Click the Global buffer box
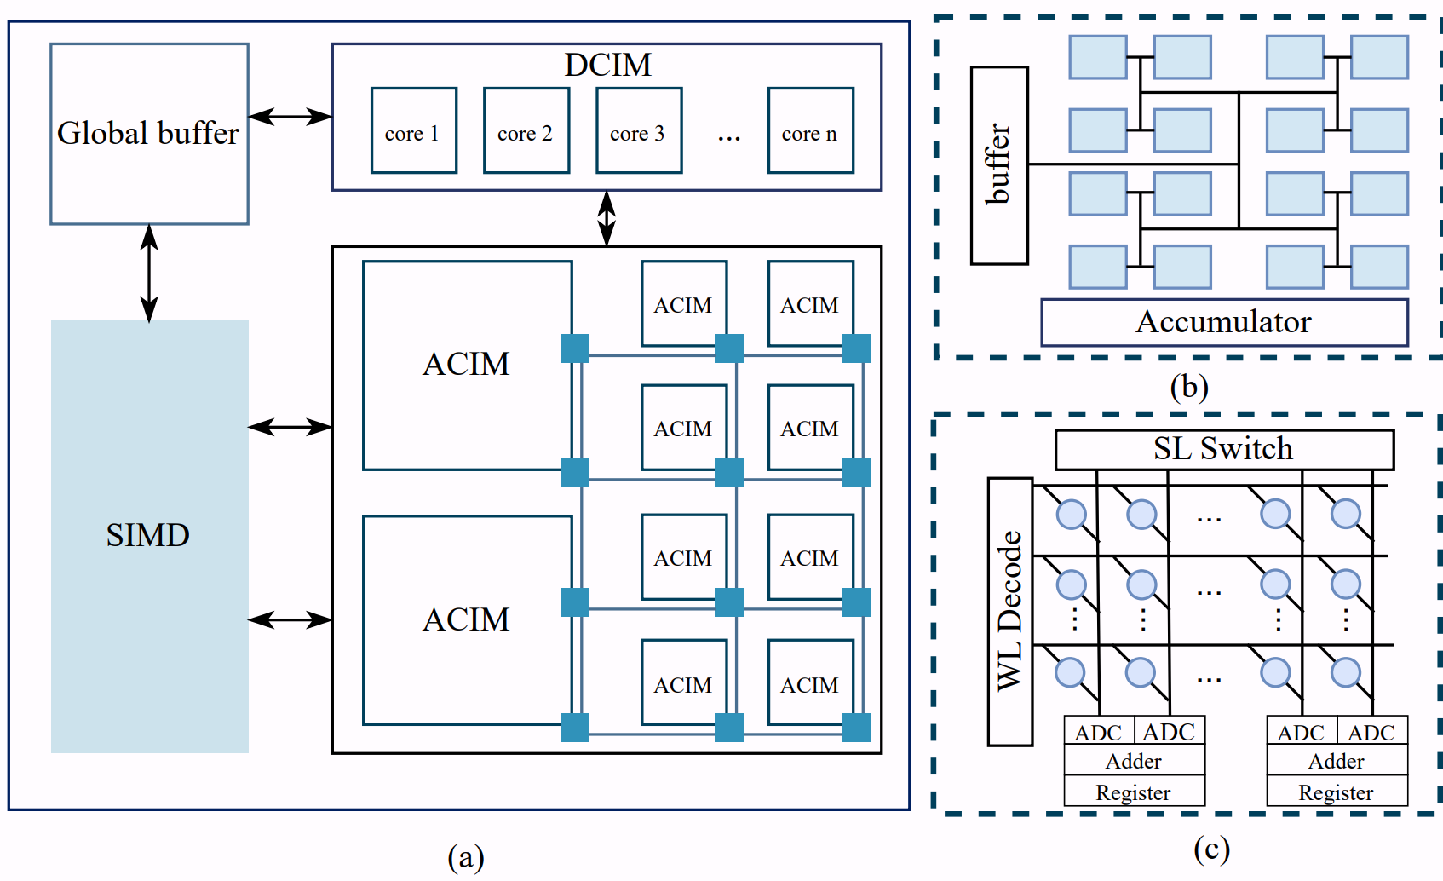click(x=149, y=134)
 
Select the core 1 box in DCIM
click(x=413, y=130)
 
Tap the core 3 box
click(x=638, y=130)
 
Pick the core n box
click(x=810, y=130)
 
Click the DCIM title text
click(x=607, y=66)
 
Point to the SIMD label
click(x=148, y=535)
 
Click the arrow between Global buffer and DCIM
click(x=290, y=117)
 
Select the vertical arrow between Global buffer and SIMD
click(x=149, y=273)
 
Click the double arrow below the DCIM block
click(x=607, y=218)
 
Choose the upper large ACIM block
click(x=467, y=365)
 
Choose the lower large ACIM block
click(x=467, y=619)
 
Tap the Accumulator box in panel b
click(x=1224, y=322)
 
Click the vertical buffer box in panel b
click(x=999, y=165)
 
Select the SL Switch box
click(x=1224, y=449)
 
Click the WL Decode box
click(x=1009, y=611)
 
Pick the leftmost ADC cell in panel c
click(x=1098, y=732)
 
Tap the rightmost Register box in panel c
click(x=1337, y=792)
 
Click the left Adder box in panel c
click(x=1134, y=761)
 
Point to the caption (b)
click(x=1189, y=388)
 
